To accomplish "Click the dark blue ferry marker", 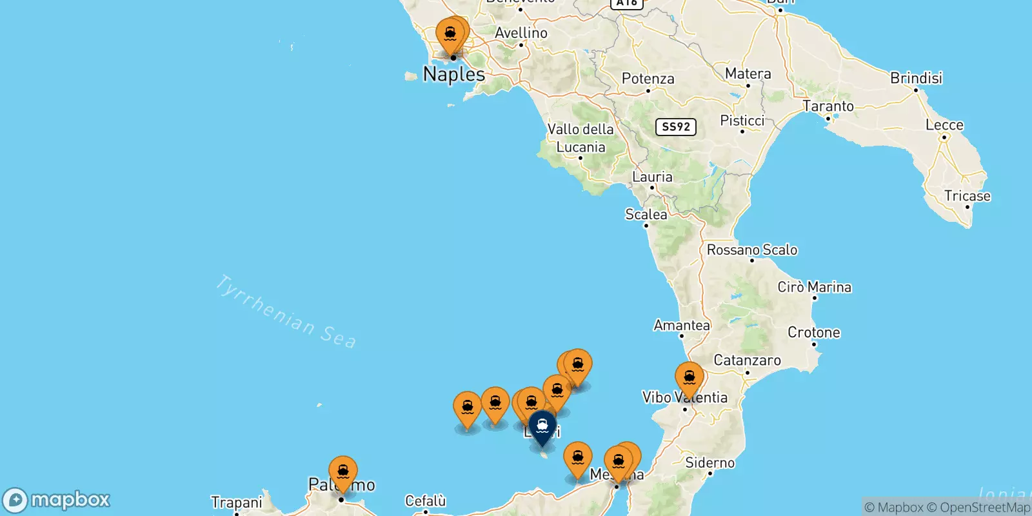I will [542, 426].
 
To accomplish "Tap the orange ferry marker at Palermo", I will [342, 472].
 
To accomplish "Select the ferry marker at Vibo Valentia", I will [689, 378].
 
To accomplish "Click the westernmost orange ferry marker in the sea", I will [468, 408].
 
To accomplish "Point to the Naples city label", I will [454, 74].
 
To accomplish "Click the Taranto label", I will [828, 106].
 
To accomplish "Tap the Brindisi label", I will [916, 78].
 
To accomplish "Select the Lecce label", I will [944, 125].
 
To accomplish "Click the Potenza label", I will [648, 79].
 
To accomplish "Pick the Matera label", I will [748, 74].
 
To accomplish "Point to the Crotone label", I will [813, 333].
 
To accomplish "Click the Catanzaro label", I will [747, 361].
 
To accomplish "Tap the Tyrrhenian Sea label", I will [285, 312].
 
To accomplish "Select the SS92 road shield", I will [676, 126].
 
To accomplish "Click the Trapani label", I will [236, 502].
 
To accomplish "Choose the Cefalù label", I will [425, 501].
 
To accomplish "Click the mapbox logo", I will [57, 500].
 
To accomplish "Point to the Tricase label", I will [967, 196].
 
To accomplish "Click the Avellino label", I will [521, 33].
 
